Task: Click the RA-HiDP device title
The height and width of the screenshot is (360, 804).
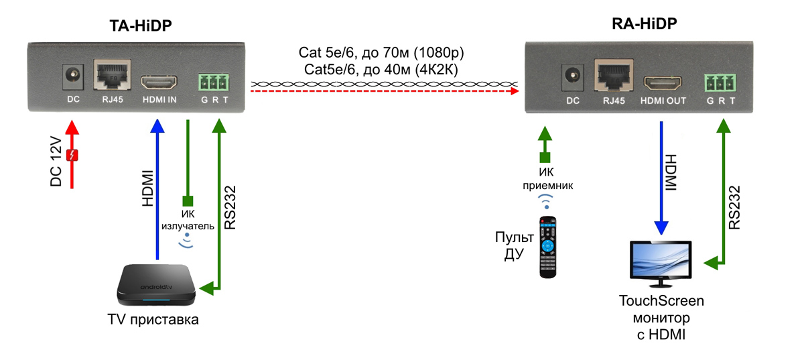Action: click(x=644, y=25)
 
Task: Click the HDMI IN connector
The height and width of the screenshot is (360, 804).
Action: click(x=159, y=84)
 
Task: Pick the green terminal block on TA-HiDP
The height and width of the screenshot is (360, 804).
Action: click(x=213, y=82)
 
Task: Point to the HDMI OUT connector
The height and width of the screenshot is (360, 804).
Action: click(x=663, y=84)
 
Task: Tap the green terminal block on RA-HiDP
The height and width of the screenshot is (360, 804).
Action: click(x=719, y=83)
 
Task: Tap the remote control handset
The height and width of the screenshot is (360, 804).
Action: click(x=549, y=246)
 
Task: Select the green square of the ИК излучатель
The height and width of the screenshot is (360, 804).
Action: click(x=188, y=200)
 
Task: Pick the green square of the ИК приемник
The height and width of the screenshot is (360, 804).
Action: click(x=545, y=158)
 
